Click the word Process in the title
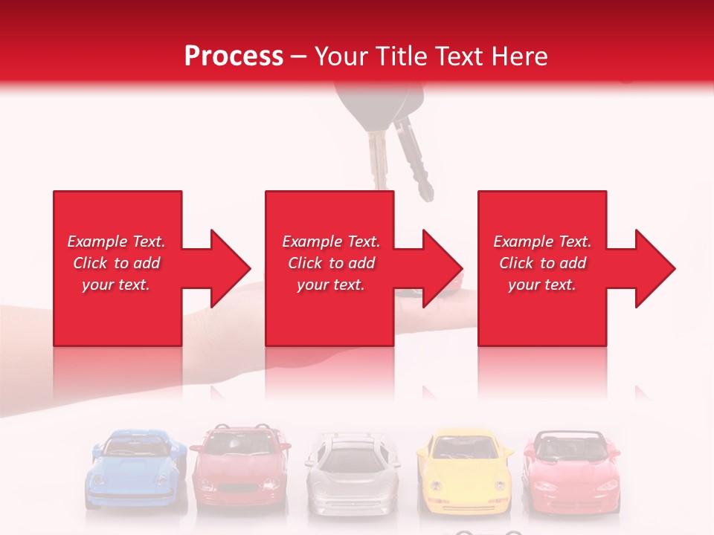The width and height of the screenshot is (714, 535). pyautogui.click(x=234, y=56)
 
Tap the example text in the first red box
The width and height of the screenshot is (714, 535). pyautogui.click(x=116, y=263)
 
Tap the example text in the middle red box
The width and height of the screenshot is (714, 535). pyautogui.click(x=330, y=263)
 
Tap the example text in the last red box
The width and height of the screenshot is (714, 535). pyautogui.click(x=542, y=263)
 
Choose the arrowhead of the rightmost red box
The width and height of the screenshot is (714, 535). pyautogui.click(x=654, y=268)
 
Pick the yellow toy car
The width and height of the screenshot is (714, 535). pyautogui.click(x=464, y=473)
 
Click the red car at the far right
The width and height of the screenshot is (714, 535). pyautogui.click(x=571, y=473)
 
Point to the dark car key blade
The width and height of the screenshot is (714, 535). pyautogui.click(x=414, y=160)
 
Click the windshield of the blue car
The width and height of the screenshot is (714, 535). pyautogui.click(x=136, y=445)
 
